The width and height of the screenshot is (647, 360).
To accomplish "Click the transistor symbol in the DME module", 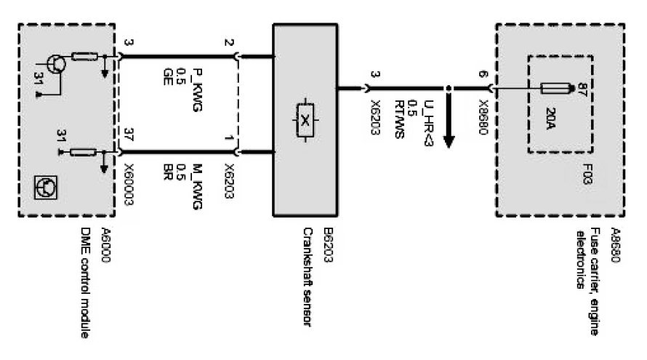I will tap(55, 65).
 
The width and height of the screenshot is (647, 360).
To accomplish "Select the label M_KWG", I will tap(196, 187).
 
